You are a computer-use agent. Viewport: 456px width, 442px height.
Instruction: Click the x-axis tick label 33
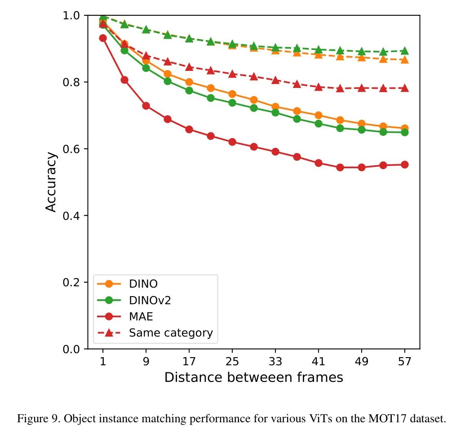[x=275, y=361]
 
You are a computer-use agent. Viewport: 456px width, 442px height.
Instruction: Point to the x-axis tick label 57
[x=405, y=361]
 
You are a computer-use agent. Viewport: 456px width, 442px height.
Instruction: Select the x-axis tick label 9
[x=146, y=361]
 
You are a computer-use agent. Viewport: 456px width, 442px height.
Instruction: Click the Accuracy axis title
[x=52, y=182]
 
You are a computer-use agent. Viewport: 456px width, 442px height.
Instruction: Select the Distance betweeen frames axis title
[x=254, y=378]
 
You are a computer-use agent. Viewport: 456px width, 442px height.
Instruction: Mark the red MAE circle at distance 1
[x=103, y=38]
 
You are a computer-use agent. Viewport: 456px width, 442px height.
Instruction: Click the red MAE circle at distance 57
[x=405, y=165]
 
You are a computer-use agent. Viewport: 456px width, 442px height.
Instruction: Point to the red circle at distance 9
[x=146, y=106]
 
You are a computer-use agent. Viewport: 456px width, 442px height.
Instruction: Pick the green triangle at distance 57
[x=405, y=51]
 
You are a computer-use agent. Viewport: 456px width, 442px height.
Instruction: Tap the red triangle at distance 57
[x=405, y=88]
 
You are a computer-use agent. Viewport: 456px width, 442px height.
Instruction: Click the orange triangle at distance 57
[x=405, y=60]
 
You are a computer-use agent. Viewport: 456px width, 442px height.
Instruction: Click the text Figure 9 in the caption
[x=32, y=420]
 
